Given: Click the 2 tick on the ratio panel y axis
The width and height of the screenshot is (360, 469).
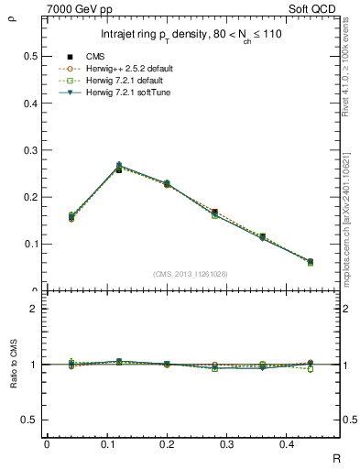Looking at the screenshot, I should [x=34, y=309].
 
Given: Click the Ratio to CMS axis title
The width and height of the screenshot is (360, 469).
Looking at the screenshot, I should [x=12, y=364].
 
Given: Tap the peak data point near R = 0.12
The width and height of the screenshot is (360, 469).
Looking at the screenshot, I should [x=119, y=167].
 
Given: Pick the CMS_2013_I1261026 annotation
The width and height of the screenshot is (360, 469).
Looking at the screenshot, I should [x=191, y=273].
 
